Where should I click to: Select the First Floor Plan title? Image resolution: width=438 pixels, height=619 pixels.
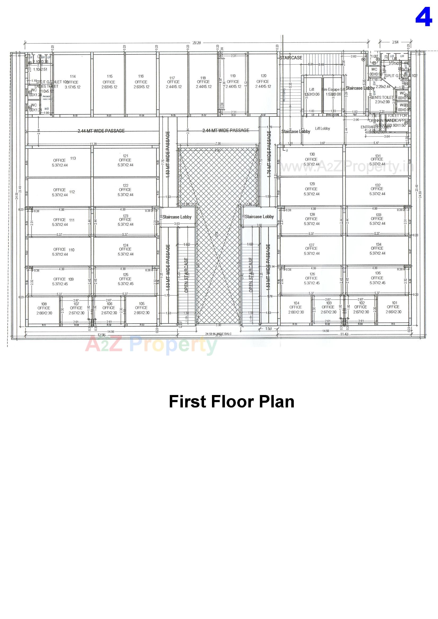pos(231,401)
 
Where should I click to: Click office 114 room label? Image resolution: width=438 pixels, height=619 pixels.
pos(72,82)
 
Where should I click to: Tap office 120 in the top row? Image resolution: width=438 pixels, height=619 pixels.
pos(263,81)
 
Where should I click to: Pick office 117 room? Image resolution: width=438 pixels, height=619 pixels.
pos(173,82)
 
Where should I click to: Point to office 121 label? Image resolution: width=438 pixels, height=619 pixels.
pos(125,160)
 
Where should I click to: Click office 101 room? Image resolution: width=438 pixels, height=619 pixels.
pos(393,307)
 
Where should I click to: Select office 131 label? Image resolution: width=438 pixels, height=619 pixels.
pos(377,160)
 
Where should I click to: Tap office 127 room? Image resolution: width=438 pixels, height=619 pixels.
pos(311,249)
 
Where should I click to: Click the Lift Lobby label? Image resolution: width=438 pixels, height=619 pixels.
pos(322,128)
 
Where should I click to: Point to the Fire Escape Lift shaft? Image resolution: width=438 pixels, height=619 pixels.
pos(333,92)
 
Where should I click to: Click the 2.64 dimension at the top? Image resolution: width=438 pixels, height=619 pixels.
pos(395,42)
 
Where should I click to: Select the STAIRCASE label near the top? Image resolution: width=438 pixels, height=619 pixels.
pos(291,58)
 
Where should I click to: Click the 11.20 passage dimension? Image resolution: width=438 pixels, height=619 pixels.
pos(93,144)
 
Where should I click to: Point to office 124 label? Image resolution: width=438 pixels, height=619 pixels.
pos(125,249)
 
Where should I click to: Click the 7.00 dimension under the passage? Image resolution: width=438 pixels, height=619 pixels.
pos(218,143)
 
